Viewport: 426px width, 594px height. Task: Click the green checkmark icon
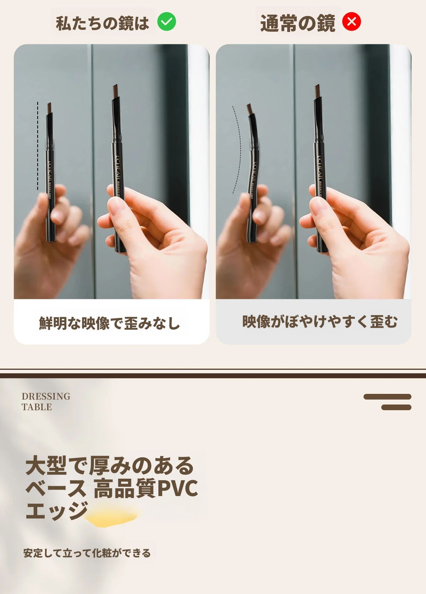pyautogui.click(x=166, y=22)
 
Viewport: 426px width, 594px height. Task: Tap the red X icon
pyautogui.click(x=351, y=22)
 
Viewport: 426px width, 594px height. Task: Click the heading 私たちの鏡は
pyautogui.click(x=102, y=23)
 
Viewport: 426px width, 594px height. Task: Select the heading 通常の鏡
pyautogui.click(x=297, y=23)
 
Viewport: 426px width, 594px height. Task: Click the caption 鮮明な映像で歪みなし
pyautogui.click(x=109, y=323)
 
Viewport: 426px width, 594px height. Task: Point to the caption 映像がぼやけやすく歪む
pyautogui.click(x=320, y=322)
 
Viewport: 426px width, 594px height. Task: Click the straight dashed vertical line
pyautogui.click(x=38, y=145)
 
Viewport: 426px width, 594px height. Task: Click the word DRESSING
pyautogui.click(x=46, y=396)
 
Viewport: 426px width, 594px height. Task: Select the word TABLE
pyautogui.click(x=37, y=407)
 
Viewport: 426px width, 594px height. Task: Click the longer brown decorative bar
pyautogui.click(x=387, y=397)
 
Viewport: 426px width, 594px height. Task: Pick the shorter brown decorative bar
pyautogui.click(x=396, y=407)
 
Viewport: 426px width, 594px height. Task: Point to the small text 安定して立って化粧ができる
pyautogui.click(x=87, y=553)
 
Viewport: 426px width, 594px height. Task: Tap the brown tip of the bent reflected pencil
pyautogui.click(x=250, y=109)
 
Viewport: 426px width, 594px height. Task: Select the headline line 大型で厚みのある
pyautogui.click(x=110, y=466)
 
